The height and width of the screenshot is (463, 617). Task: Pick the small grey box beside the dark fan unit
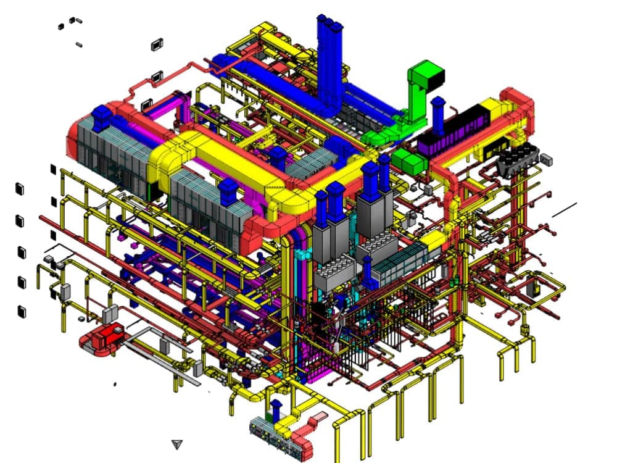pyautogui.click(x=547, y=159)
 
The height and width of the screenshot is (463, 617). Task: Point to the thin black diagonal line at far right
pyautogui.click(x=564, y=210)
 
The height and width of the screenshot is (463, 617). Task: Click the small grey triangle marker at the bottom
pyautogui.click(x=178, y=444)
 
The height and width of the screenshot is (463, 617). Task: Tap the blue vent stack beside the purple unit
pyautogui.click(x=438, y=114)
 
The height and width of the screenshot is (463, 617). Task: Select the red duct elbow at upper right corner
pyautogui.click(x=517, y=102)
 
